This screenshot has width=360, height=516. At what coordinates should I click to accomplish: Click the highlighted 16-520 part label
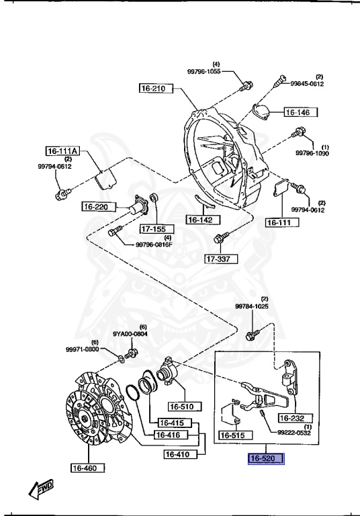click(266, 458)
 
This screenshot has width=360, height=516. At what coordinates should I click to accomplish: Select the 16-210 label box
click(156, 88)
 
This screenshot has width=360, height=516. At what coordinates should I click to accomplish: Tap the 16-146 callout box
click(301, 112)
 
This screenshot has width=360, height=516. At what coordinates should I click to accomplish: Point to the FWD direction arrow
click(41, 489)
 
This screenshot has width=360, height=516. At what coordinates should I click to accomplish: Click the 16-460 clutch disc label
click(88, 468)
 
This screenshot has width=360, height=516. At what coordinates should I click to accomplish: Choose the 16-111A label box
click(62, 151)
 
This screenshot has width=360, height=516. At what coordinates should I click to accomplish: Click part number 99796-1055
click(204, 71)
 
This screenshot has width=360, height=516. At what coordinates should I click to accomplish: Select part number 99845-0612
click(307, 83)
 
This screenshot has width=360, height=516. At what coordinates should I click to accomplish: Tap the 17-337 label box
click(222, 259)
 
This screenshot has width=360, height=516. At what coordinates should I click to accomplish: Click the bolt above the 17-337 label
click(221, 238)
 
